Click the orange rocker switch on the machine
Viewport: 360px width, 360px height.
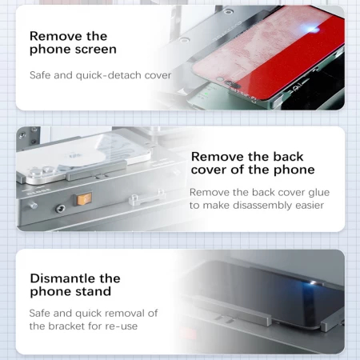click(84, 199)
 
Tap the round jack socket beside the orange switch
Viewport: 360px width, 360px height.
click(60, 209)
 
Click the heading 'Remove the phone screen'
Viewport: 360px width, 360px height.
click(73, 42)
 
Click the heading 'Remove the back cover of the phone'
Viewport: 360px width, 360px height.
click(253, 163)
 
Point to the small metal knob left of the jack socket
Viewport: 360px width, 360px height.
click(33, 206)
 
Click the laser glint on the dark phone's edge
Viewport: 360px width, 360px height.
click(313, 282)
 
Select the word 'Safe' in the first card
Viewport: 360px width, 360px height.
click(40, 75)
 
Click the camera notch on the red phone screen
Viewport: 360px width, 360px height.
click(233, 85)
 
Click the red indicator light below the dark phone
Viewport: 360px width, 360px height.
click(189, 334)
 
